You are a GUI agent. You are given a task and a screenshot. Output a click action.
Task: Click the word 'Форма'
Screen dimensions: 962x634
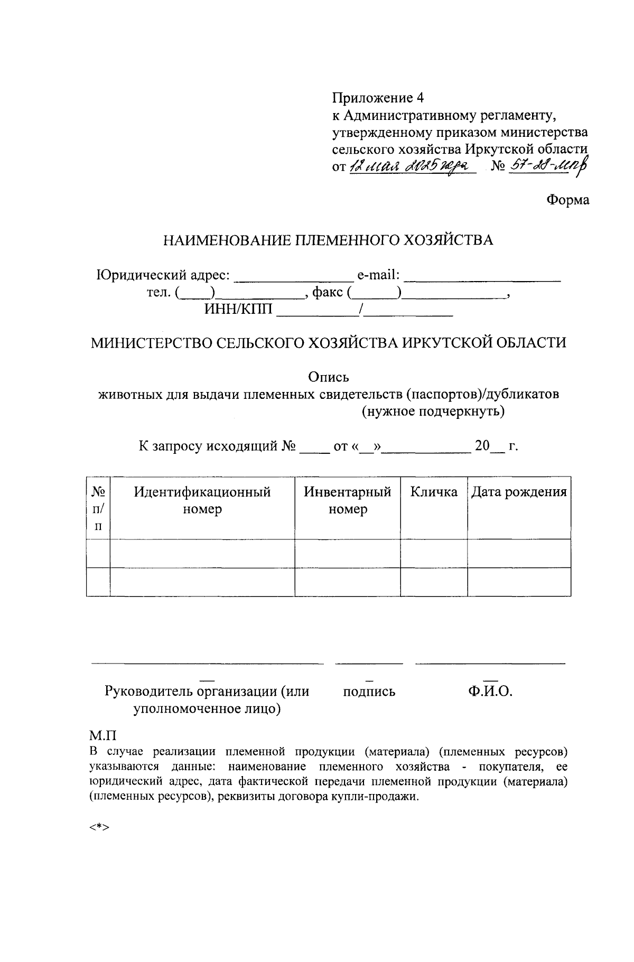567,200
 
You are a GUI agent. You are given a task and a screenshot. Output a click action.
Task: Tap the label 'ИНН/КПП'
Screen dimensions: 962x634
239,310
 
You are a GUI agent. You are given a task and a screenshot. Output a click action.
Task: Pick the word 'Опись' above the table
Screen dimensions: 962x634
328,377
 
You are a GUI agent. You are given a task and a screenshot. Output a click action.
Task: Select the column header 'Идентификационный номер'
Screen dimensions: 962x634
202,500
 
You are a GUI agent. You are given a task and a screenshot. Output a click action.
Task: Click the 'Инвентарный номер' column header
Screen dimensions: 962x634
347,500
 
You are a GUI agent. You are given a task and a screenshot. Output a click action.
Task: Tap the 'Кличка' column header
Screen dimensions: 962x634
434,492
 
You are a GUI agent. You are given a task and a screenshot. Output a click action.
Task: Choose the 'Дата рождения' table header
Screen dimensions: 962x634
519,492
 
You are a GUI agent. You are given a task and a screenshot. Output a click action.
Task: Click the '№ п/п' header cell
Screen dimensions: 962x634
98,508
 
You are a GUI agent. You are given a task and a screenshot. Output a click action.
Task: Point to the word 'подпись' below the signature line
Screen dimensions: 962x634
369,692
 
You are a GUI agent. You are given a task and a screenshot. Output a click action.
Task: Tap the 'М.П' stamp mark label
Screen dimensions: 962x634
102,735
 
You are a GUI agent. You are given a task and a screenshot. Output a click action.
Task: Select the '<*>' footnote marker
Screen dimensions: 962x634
99,827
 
